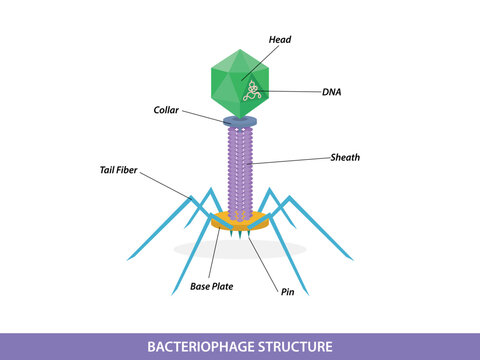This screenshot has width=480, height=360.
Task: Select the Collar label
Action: point(167,109)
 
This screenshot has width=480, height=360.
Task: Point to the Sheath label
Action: point(345,157)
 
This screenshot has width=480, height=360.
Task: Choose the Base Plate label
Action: point(212,286)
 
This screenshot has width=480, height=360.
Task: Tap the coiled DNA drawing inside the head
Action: point(253,92)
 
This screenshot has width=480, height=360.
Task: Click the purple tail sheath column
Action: point(240,170)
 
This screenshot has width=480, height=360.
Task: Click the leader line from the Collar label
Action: point(205,115)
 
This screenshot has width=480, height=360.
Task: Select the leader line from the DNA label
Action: point(290,91)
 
